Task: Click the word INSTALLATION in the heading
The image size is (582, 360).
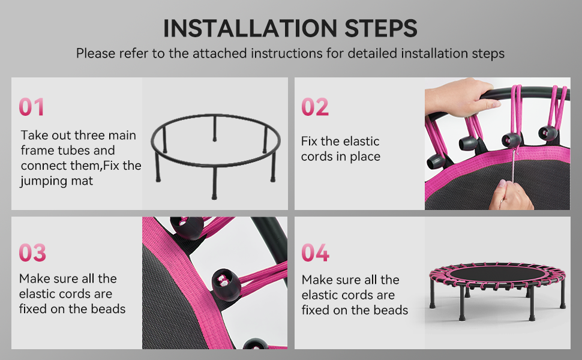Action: coord(250,28)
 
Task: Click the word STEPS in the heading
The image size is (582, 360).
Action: coord(381,28)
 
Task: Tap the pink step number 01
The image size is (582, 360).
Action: coord(32,107)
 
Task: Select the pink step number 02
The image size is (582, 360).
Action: coord(315,107)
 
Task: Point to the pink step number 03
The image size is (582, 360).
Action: coord(32,253)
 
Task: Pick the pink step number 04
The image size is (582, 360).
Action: coord(315,253)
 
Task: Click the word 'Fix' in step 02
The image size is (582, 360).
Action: coord(309,142)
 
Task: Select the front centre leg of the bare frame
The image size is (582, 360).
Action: coord(214,183)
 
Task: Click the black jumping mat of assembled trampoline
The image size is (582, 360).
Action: coord(497,274)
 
